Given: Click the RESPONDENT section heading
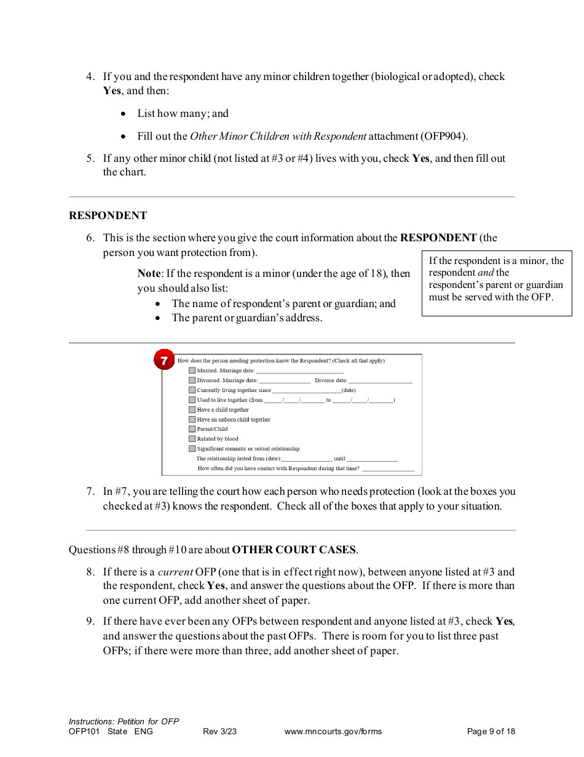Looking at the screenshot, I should (x=108, y=215).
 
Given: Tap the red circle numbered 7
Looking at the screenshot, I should (x=164, y=360).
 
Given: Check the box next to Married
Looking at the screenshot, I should (x=192, y=370).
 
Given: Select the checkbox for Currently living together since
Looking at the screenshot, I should (x=192, y=390).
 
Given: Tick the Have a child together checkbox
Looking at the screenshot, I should (x=192, y=410).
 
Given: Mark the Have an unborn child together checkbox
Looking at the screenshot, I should (x=192, y=420).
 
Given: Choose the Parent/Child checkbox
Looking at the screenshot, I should (x=192, y=429).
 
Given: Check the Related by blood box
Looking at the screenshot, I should (x=192, y=439).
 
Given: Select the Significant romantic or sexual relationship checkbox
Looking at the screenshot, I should (x=192, y=449).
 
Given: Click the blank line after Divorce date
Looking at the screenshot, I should (x=381, y=381).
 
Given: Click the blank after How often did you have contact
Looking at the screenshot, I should (x=388, y=469).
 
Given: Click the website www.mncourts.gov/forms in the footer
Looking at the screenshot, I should (x=333, y=732).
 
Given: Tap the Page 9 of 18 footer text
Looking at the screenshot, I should (x=491, y=732).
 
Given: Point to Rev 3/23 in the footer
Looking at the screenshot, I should (x=219, y=732).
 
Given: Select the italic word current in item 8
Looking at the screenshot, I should (x=175, y=572).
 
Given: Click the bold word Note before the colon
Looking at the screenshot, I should (x=149, y=273).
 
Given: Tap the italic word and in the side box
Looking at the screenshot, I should (x=486, y=273).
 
